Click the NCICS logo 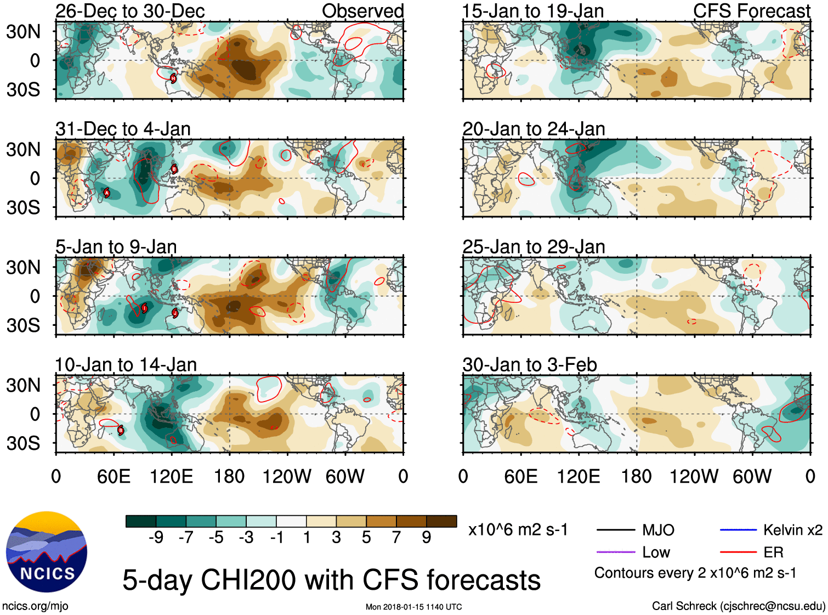47,552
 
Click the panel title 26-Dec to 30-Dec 130,11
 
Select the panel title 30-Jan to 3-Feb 529,365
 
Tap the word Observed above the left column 362,11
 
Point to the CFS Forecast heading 751,11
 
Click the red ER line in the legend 738,552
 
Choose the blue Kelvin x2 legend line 738,530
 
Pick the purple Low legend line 616,552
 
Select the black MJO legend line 616,530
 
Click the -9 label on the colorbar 156,538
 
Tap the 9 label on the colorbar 426,538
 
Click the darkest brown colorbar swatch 441,521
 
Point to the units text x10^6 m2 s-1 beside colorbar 518,530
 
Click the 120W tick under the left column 287,476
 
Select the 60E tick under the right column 520,476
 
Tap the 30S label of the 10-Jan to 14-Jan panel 23,443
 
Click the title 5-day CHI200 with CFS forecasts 331,580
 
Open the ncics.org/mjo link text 35,606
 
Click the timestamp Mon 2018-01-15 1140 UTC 413,607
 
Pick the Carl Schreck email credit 738,606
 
